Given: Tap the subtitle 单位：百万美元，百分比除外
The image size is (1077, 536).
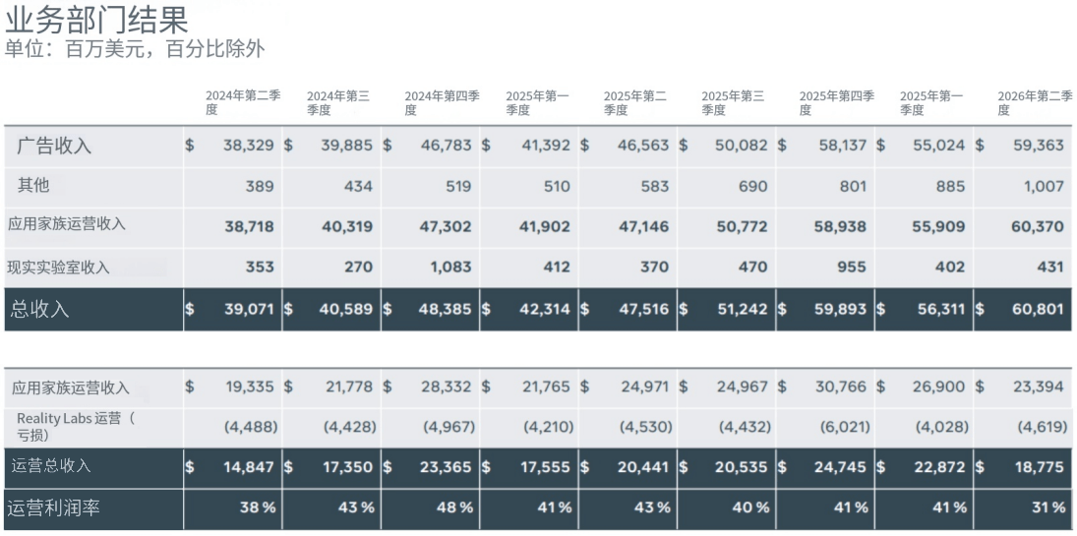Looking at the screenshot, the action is (135, 49).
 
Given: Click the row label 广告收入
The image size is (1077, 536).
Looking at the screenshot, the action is (54, 146).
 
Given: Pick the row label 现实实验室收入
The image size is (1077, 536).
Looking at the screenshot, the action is (58, 268).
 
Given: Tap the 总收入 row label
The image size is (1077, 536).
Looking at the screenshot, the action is (40, 309).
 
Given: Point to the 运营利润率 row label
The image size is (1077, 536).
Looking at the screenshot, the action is (53, 508).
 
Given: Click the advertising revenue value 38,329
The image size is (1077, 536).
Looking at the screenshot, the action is (249, 146).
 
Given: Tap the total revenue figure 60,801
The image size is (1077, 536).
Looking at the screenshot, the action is (1038, 309).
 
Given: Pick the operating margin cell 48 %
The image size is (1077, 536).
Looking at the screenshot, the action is (454, 508).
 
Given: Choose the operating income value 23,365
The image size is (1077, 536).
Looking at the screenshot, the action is (446, 467).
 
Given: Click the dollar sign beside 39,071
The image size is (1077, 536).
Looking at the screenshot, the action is (190, 309).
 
